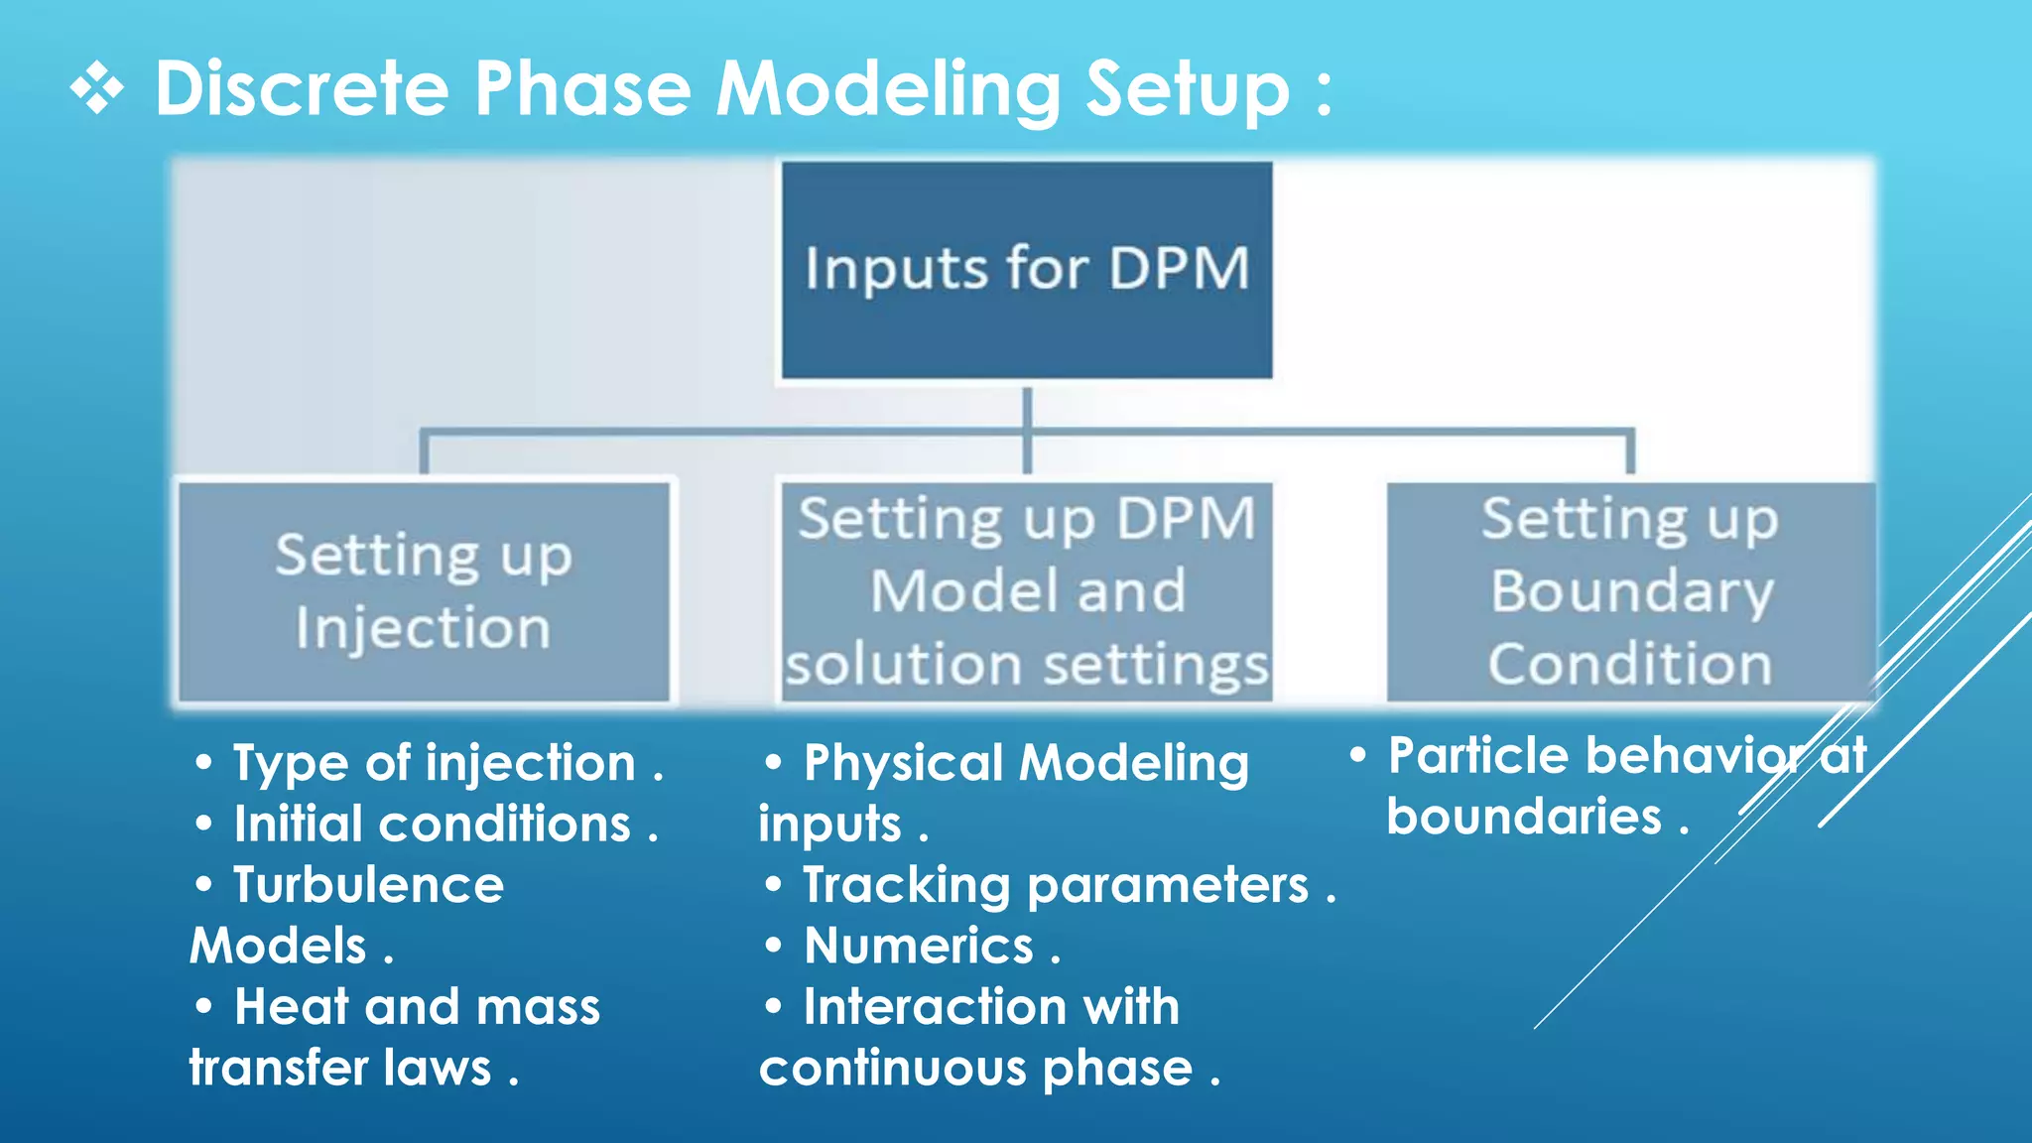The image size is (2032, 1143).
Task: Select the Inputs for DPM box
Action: click(1026, 270)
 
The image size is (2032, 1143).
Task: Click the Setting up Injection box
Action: click(424, 591)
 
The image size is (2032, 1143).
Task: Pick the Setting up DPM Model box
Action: click(1026, 591)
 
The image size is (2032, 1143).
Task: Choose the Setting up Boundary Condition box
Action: click(1630, 591)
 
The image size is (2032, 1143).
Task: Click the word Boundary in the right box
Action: click(1631, 592)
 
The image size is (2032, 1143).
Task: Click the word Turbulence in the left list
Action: click(368, 885)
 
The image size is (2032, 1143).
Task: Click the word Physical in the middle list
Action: click(903, 763)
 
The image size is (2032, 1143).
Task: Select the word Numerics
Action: click(919, 946)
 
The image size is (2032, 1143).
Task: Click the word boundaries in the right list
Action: click(1523, 818)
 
